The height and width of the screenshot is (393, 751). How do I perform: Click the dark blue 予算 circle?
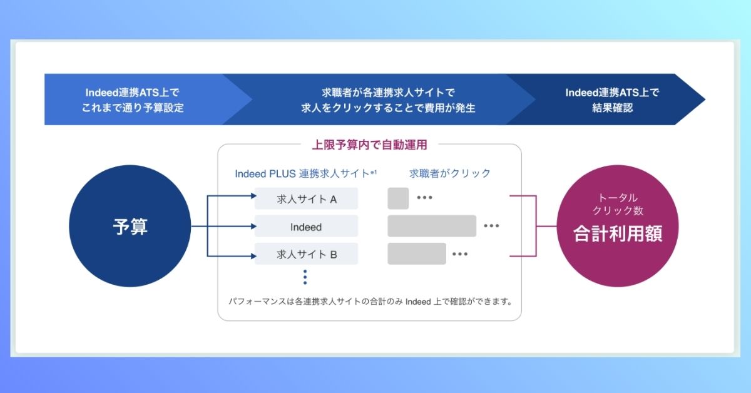(x=130, y=226)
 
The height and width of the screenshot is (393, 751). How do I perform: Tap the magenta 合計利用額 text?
(x=618, y=233)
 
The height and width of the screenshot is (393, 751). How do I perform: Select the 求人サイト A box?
(x=306, y=198)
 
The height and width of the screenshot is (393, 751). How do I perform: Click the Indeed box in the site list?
(x=306, y=227)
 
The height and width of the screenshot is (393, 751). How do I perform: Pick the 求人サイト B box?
(x=306, y=254)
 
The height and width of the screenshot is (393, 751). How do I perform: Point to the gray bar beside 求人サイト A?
(x=398, y=198)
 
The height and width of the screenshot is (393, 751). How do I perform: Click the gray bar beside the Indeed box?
(x=432, y=226)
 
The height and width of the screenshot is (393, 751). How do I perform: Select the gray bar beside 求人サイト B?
(x=417, y=253)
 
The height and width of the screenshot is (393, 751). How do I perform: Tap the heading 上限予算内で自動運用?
(x=369, y=145)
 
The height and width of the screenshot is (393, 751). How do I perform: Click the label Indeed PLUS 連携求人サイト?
(x=302, y=174)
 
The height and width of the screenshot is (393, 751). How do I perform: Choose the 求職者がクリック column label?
(x=449, y=173)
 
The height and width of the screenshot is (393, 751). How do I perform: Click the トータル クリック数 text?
(x=618, y=204)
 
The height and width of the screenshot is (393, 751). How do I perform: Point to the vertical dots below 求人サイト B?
(x=305, y=277)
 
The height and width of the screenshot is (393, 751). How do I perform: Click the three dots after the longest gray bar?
(x=491, y=226)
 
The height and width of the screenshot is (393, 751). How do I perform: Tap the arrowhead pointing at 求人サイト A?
(x=254, y=196)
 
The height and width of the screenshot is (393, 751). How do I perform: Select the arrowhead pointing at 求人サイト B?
(x=254, y=256)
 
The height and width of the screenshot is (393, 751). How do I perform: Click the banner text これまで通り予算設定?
(x=133, y=108)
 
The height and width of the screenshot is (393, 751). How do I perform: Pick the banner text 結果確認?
(x=612, y=108)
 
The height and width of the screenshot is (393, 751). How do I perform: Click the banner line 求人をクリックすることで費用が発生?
(x=388, y=108)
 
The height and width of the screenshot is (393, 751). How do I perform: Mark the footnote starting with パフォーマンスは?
(x=370, y=302)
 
